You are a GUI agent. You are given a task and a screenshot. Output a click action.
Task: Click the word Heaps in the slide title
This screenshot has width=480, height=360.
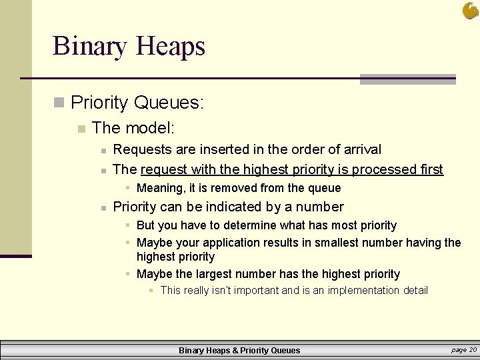point(170,47)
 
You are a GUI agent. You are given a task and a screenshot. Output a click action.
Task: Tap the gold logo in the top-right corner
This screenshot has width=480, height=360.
point(471,10)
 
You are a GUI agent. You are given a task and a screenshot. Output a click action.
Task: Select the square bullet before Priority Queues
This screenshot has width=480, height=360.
point(59,103)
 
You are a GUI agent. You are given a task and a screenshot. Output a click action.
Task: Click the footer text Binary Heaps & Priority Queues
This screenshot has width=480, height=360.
point(239,350)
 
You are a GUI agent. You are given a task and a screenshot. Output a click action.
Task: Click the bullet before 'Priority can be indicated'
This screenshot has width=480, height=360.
point(103,207)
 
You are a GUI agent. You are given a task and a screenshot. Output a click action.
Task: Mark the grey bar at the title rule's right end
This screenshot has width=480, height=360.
point(407,79)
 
